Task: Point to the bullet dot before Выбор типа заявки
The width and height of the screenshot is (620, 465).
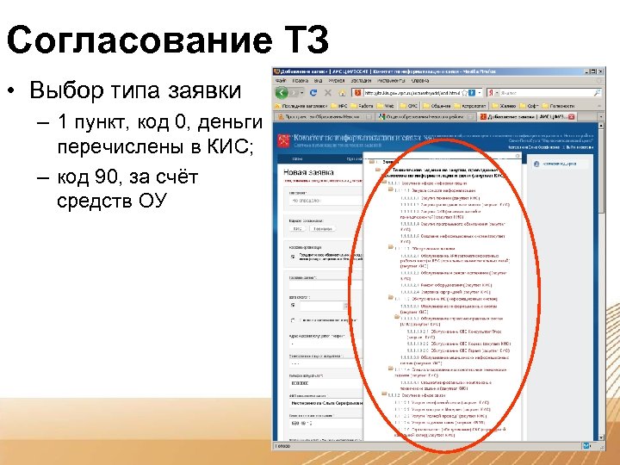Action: (x=16, y=90)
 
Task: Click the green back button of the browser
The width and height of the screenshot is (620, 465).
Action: (x=281, y=92)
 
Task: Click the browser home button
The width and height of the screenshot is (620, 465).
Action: (x=343, y=92)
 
